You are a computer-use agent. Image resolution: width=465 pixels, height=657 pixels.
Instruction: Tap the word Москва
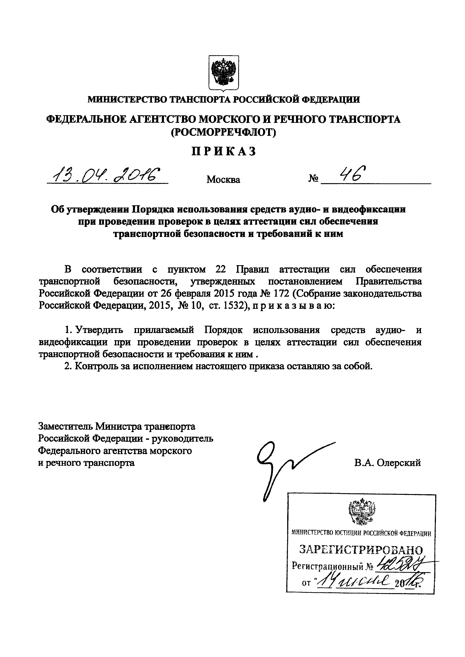223,179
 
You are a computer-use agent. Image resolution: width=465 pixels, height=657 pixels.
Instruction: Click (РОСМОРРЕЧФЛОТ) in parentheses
223,132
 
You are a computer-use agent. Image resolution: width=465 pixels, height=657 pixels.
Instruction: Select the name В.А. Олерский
387,463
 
